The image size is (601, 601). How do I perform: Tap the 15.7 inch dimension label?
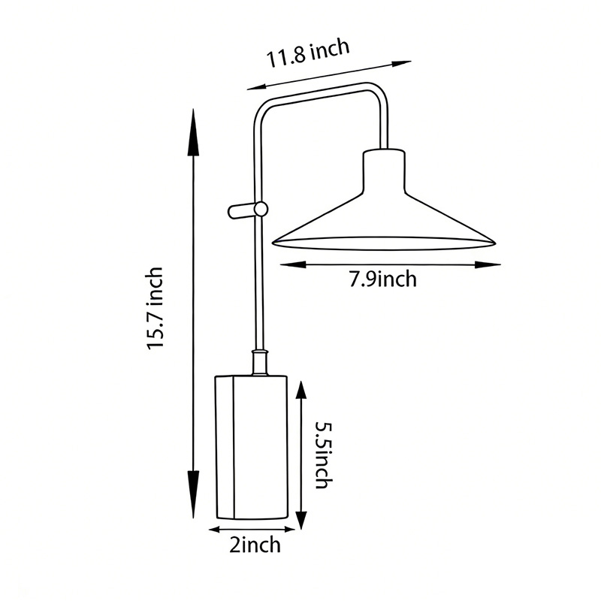[x=156, y=308]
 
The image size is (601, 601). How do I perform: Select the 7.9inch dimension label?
[x=382, y=279]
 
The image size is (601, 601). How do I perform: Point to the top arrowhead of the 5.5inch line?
[x=301, y=391]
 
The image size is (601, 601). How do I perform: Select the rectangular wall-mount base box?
[x=252, y=447]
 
